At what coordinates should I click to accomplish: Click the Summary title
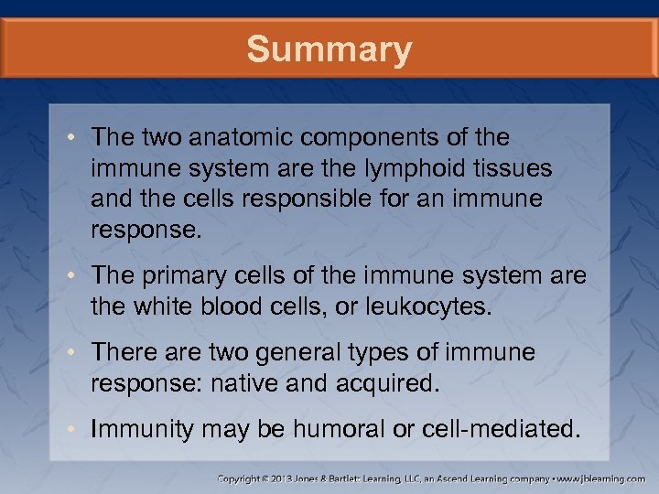tap(329, 49)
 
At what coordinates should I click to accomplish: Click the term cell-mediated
tap(502, 428)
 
